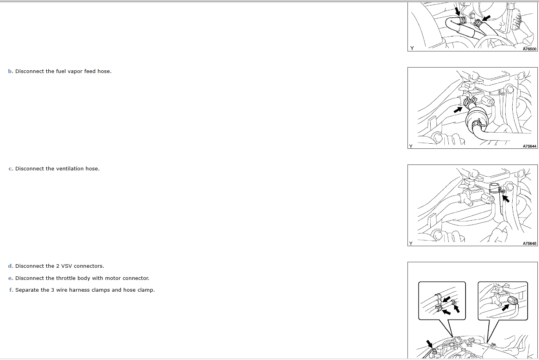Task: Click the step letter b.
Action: (x=10, y=71)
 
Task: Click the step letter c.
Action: (x=11, y=169)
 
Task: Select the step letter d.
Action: (x=10, y=266)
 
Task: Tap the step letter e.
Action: (x=11, y=278)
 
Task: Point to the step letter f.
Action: (x=11, y=290)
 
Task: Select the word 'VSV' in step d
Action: (x=66, y=266)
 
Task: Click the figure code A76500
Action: (x=529, y=49)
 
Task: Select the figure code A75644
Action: (x=529, y=146)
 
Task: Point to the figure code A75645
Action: (x=529, y=243)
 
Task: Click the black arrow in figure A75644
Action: (x=458, y=110)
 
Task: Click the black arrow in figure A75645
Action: (x=506, y=199)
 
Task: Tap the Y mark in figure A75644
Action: (x=411, y=146)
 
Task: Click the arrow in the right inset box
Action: (x=506, y=307)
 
